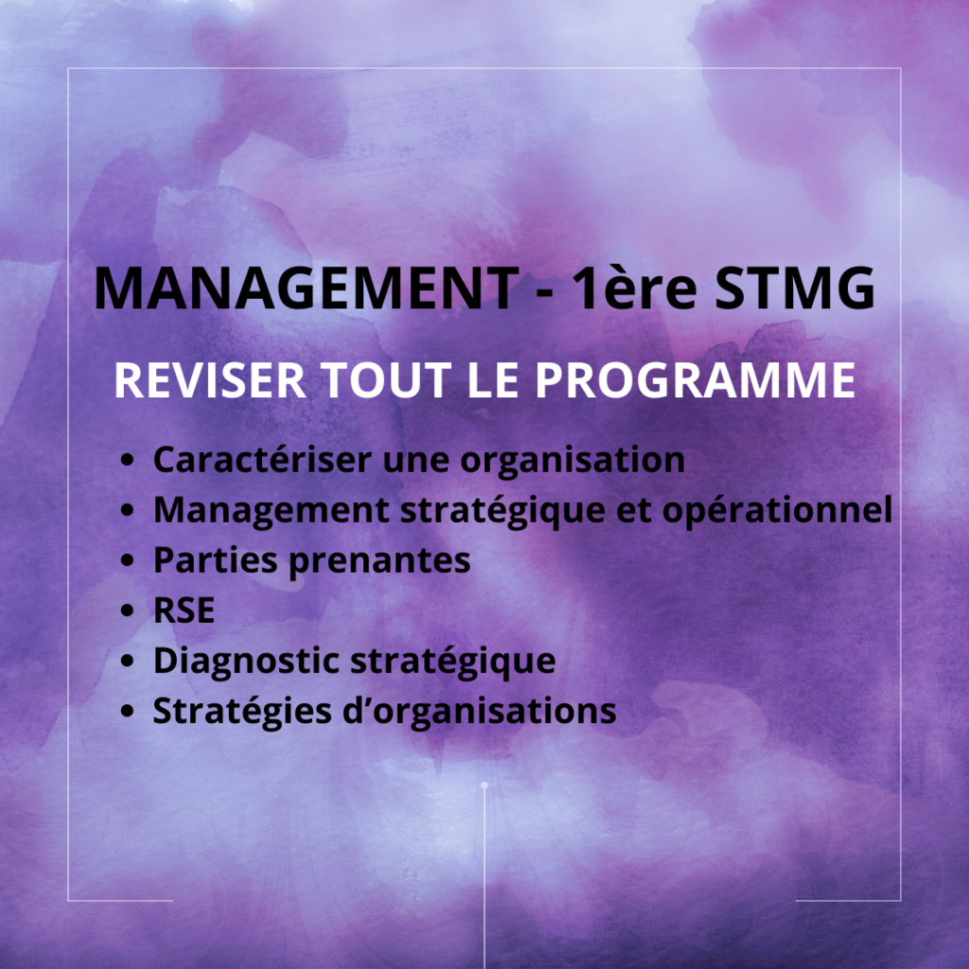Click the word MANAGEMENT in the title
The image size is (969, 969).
click(x=305, y=289)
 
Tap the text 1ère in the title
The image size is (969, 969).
click(x=635, y=289)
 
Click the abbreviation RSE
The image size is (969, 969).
click(x=184, y=611)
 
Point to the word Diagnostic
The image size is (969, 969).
click(x=245, y=661)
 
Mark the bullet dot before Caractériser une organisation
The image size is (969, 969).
click(x=127, y=461)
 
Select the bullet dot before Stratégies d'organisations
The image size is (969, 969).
click(x=127, y=712)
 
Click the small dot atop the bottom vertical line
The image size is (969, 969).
click(x=484, y=784)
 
